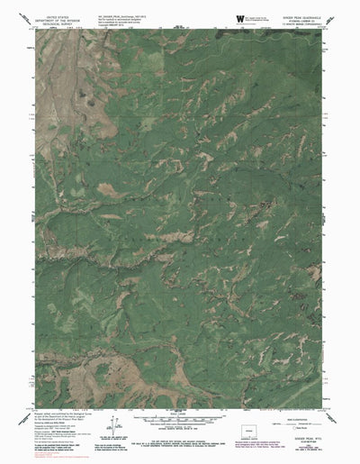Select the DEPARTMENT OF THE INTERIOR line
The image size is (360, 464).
(x=53, y=17)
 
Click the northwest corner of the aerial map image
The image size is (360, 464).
(x=38, y=31)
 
